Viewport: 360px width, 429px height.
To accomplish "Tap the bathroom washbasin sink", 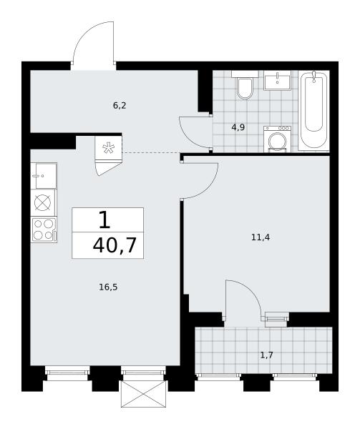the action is (x=277, y=80).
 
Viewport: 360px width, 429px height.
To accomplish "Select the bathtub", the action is (x=313, y=110).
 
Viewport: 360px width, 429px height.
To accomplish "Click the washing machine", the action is (x=277, y=139).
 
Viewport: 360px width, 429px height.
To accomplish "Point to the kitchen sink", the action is (x=44, y=176).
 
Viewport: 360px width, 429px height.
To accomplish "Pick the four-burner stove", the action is (x=44, y=230).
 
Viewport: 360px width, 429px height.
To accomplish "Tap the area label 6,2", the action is (x=120, y=106).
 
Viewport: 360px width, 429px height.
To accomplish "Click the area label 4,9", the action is (x=238, y=127).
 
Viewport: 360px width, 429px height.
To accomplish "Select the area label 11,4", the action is (x=261, y=237).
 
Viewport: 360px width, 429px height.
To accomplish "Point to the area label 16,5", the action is (x=108, y=287).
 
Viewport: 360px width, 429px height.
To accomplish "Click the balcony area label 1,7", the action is (x=266, y=355).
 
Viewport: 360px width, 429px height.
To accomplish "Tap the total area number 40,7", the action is (x=115, y=245).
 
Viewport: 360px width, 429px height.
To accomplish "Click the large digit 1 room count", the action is (x=105, y=220).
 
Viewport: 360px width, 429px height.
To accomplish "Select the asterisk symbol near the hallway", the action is (x=108, y=148).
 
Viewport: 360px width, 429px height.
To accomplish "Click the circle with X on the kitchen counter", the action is (x=43, y=203).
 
